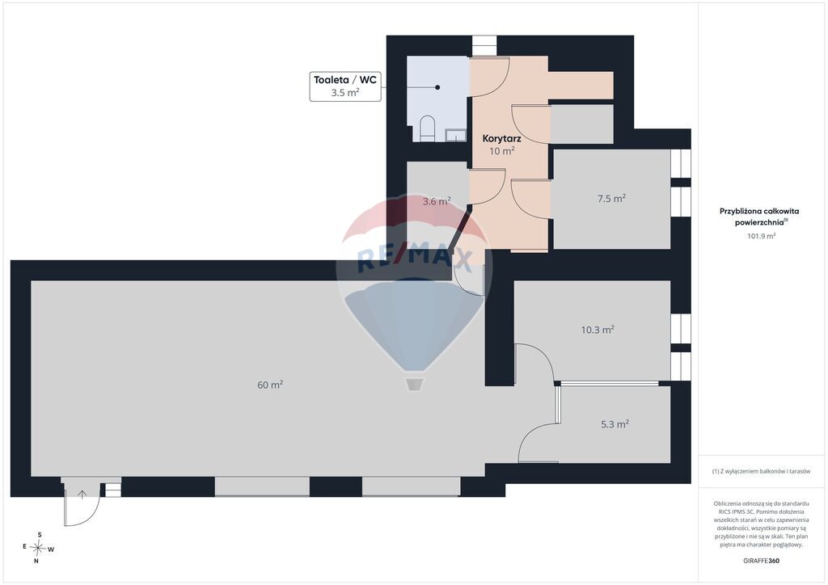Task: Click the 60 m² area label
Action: coord(270,385)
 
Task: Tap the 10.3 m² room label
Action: coord(598,330)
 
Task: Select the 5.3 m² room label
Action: coord(615,423)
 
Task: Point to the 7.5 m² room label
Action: coord(611,198)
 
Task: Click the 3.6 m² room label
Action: coord(437,201)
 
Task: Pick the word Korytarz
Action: coord(501,139)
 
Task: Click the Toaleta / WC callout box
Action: coord(345,86)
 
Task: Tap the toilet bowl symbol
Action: coord(427,128)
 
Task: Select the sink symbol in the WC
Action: coord(456,135)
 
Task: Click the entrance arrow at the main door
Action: coord(82,495)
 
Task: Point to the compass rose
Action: coord(38,548)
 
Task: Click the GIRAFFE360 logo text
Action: coord(761,561)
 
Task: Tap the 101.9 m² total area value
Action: coord(761,236)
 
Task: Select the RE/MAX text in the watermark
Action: coord(414,259)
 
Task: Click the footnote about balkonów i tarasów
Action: coord(761,471)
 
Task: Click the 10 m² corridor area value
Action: coord(501,151)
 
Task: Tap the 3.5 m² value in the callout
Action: coord(345,92)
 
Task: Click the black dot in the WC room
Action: coord(437,87)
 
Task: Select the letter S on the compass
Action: coord(40,535)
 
